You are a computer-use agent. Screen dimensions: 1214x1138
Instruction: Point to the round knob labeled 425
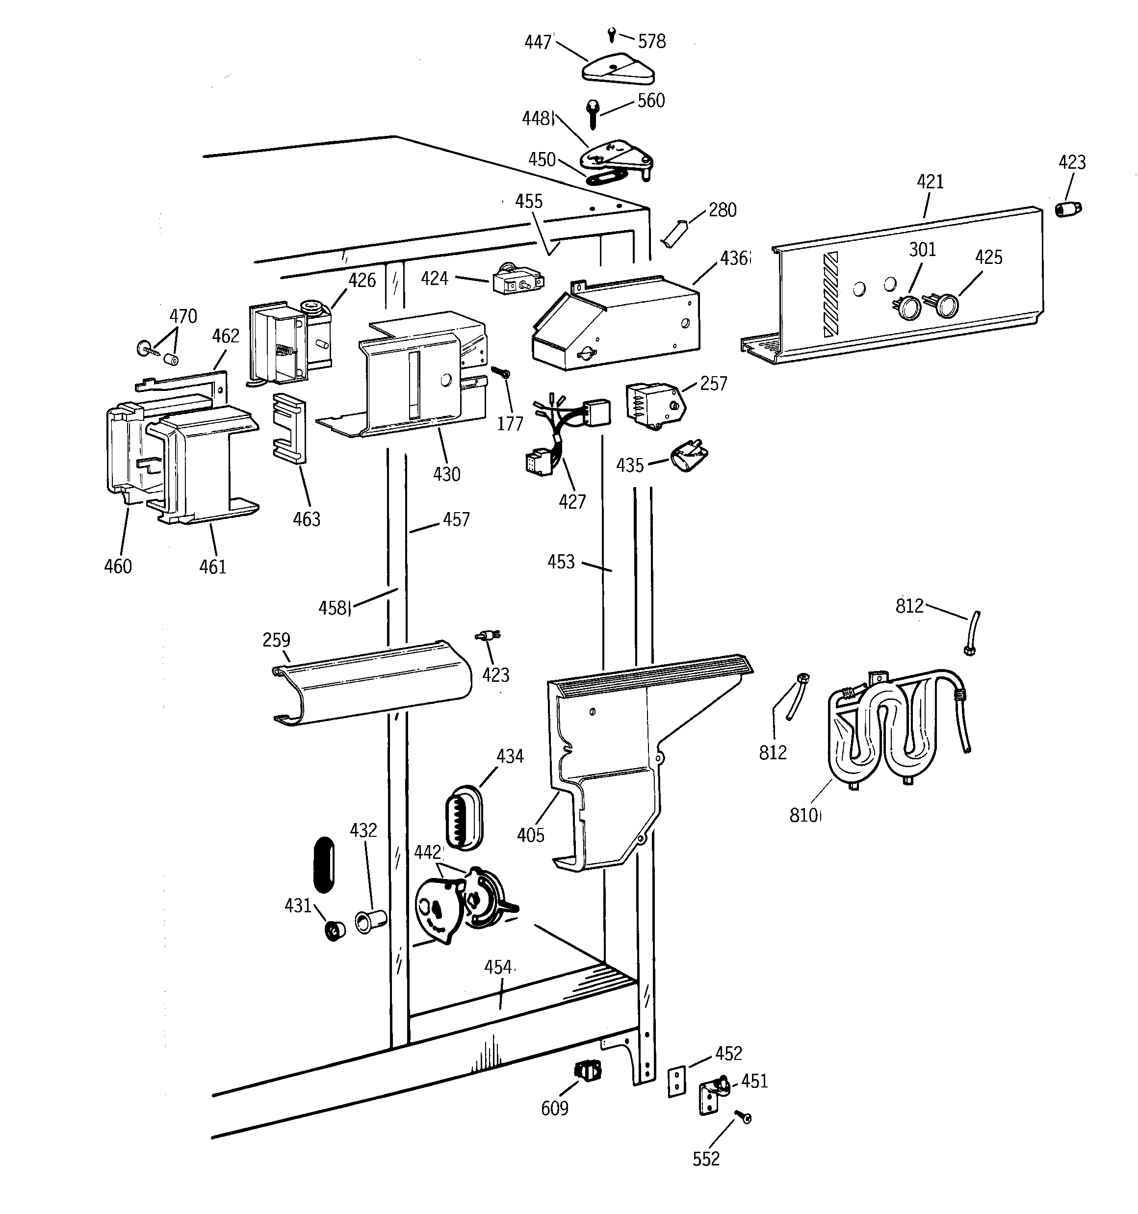click(946, 305)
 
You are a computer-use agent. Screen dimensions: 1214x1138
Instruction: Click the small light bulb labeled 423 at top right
click(1068, 209)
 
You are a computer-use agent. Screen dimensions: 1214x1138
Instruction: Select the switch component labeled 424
click(517, 282)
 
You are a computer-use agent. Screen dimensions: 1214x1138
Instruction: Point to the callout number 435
click(630, 466)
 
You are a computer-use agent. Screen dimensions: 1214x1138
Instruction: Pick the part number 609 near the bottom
click(555, 1108)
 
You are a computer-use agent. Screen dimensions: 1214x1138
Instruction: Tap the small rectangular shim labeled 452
click(675, 1081)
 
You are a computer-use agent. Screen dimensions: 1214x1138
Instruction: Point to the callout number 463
click(306, 519)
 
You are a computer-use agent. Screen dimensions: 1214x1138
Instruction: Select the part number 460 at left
click(118, 566)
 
